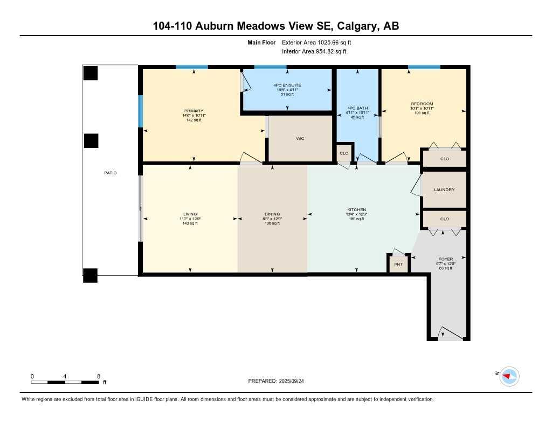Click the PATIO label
point(110,173)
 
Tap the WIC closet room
point(300,139)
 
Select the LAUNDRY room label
point(444,189)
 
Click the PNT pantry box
point(398,264)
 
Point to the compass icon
point(509,376)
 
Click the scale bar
point(65,382)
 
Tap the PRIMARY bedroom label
point(194,111)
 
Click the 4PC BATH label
point(356,108)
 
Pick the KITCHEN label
point(356,209)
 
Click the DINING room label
point(272,214)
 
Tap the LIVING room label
point(190,214)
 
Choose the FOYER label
point(445,259)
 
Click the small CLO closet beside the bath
point(344,153)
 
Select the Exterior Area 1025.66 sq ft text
point(316,42)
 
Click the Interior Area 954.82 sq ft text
point(314,51)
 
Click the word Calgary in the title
point(359,25)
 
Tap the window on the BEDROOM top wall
point(424,67)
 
